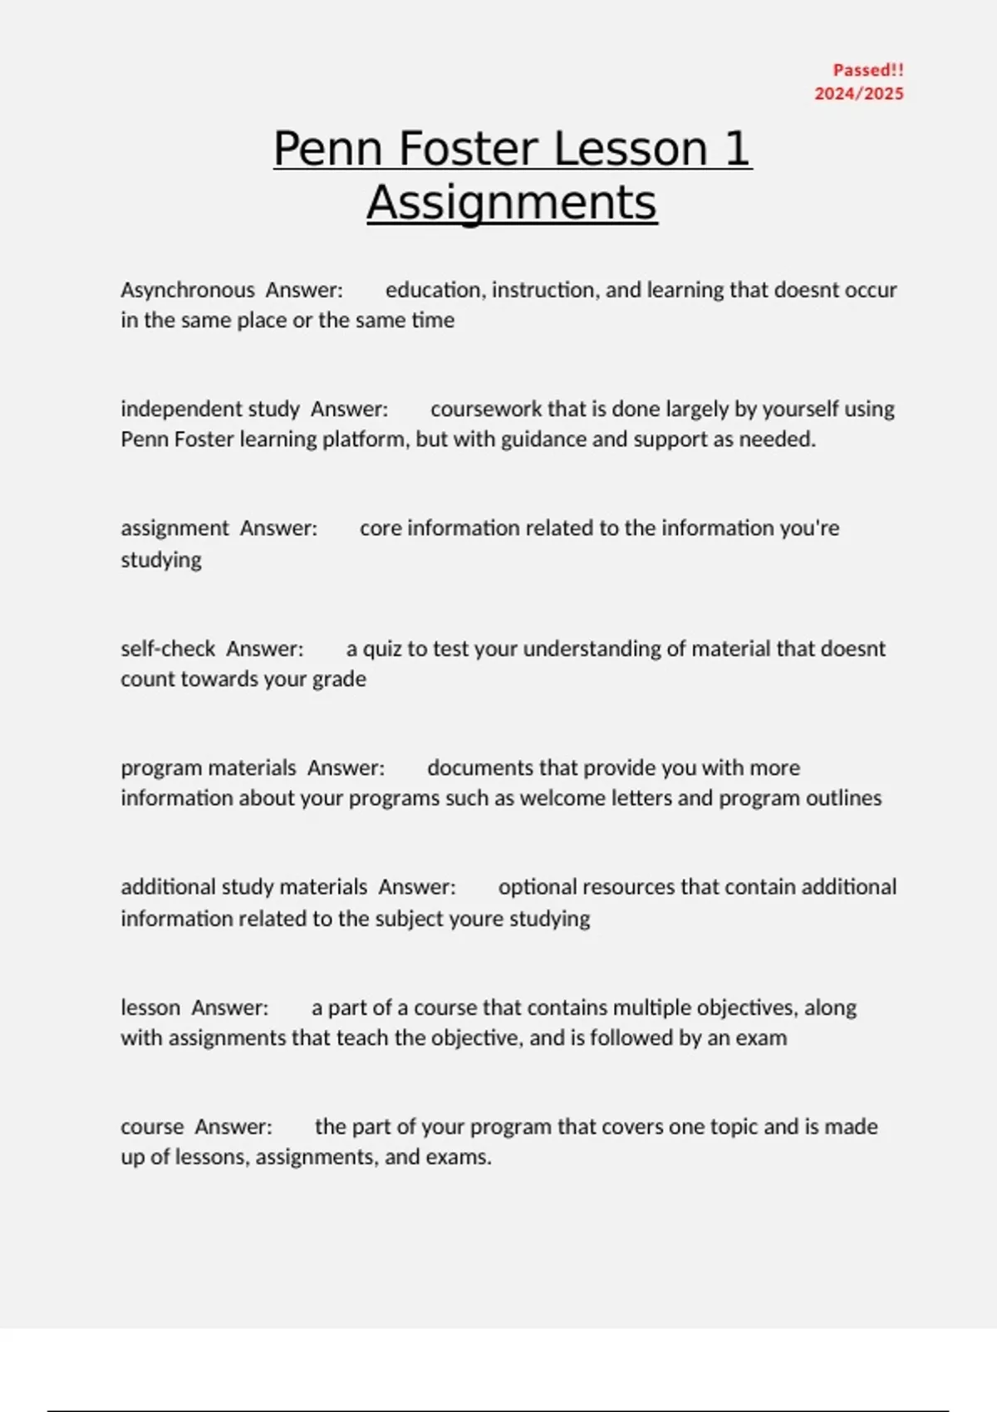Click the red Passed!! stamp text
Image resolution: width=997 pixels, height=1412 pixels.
point(868,71)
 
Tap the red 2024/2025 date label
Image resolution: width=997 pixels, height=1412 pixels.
point(859,94)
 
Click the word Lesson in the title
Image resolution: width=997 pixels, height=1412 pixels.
point(630,150)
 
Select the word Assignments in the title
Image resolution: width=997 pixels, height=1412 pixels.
point(512,203)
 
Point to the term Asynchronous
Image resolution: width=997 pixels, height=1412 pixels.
point(188,290)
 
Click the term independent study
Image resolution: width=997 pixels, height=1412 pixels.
point(209,409)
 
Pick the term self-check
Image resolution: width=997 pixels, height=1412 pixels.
point(168,648)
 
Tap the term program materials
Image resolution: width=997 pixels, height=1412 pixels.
point(209,767)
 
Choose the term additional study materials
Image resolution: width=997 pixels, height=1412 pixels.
point(243,887)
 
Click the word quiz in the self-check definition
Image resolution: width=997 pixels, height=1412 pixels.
point(385,648)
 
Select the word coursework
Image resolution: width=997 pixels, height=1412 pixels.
point(486,409)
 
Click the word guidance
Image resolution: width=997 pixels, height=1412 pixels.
point(542,439)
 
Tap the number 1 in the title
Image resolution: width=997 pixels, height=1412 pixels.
point(737,150)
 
